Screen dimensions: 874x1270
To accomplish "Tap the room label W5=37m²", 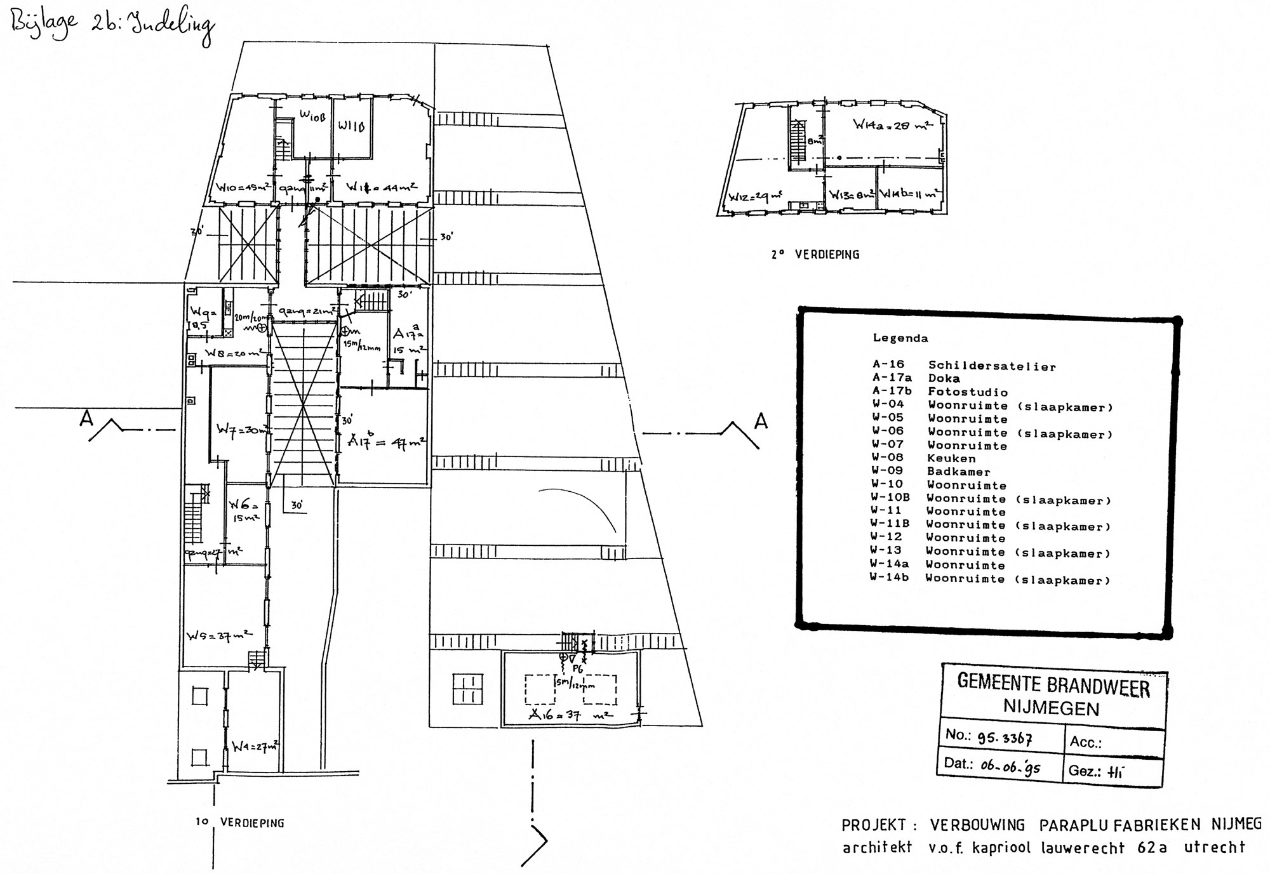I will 218,635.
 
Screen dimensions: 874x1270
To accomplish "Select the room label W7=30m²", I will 243,429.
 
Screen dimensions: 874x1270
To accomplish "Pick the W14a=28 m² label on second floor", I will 892,125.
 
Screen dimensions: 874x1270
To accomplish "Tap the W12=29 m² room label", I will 755,197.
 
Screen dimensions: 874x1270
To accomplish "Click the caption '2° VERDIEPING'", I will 815,255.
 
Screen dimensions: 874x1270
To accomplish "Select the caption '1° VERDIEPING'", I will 239,823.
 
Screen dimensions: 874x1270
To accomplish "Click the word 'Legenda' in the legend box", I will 900,338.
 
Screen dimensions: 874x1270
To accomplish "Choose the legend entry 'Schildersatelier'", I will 992,366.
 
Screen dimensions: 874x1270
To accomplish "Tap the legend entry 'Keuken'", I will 951,458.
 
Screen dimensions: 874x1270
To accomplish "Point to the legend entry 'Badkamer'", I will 958,472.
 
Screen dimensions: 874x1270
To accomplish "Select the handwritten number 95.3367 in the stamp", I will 1005,738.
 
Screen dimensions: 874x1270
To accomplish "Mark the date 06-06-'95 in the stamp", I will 1010,767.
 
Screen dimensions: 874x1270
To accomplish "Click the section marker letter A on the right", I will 761,421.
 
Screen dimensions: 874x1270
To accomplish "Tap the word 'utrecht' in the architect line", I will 1214,847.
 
